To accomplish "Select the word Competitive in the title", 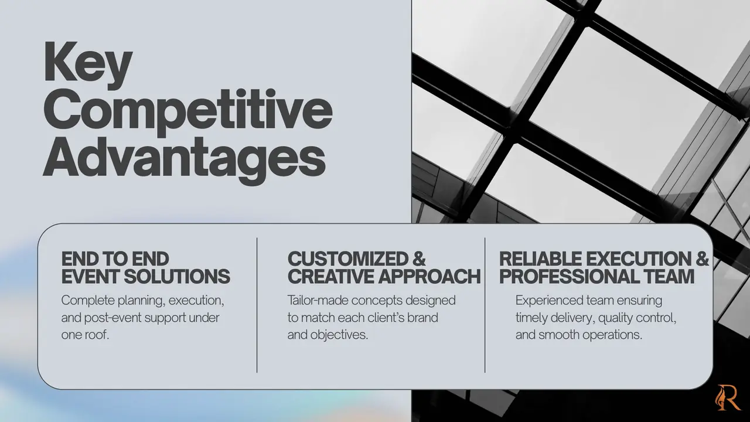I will tap(188, 112).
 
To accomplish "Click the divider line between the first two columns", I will tap(257, 305).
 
